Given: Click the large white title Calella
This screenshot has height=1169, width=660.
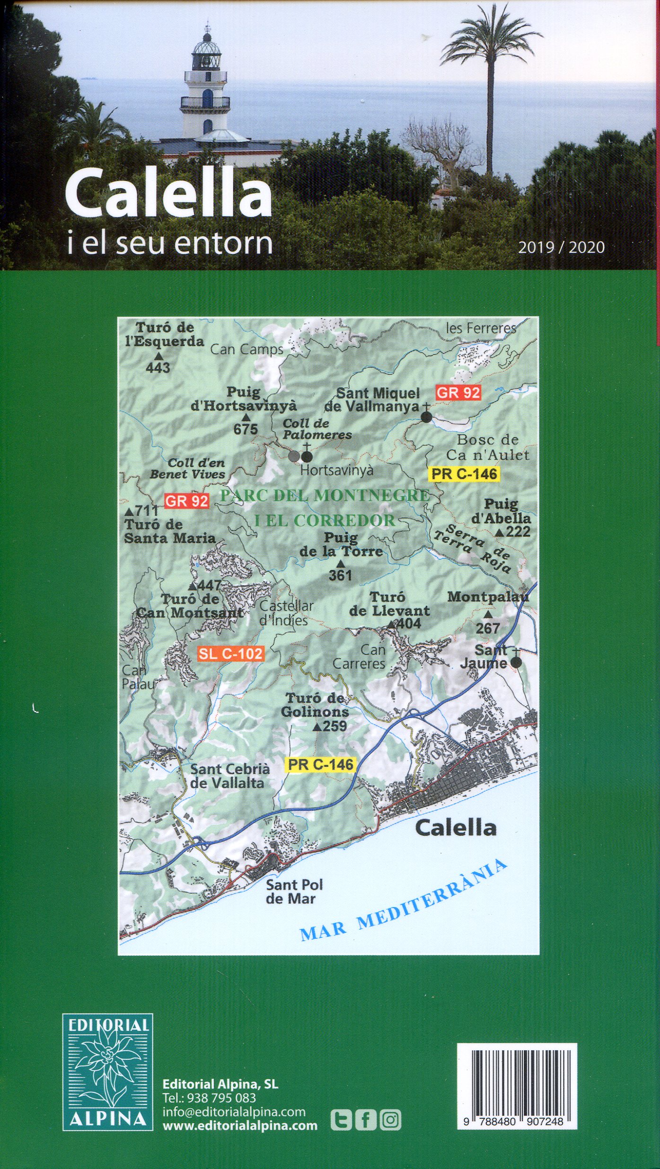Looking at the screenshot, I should pyautogui.click(x=168, y=197).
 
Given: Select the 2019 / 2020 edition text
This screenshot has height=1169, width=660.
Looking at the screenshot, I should pyautogui.click(x=561, y=247).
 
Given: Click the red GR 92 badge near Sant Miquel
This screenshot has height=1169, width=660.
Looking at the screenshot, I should pyautogui.click(x=458, y=392).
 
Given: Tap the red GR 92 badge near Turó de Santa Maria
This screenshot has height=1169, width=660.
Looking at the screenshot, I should pyautogui.click(x=186, y=501).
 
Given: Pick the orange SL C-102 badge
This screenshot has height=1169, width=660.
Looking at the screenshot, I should pyautogui.click(x=230, y=654).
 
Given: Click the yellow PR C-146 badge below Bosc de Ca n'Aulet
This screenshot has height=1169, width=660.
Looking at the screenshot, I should pyautogui.click(x=464, y=474).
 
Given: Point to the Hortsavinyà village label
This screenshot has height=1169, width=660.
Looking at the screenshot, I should pyautogui.click(x=337, y=470).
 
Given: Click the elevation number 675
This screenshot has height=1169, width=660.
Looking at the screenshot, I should pyautogui.click(x=246, y=429).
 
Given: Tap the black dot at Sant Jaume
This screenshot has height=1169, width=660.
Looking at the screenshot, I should pyautogui.click(x=516, y=663).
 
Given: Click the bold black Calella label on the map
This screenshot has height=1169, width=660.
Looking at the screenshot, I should pyautogui.click(x=456, y=827).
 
